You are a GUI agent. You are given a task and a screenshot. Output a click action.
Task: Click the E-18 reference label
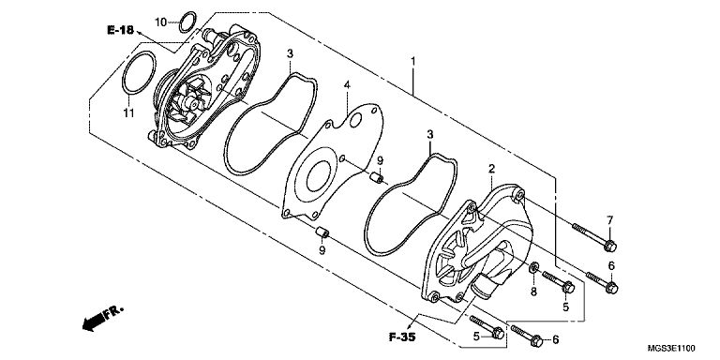(120, 30)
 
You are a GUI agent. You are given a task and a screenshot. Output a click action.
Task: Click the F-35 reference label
(402, 337)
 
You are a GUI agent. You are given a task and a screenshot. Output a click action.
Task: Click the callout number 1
(412, 61)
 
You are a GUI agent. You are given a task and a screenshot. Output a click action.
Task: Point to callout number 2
(492, 169)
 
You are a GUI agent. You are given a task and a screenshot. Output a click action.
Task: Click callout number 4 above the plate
(347, 85)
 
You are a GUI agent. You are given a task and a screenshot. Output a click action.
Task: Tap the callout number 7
(609, 220)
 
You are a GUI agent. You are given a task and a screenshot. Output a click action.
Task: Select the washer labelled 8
(534, 268)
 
